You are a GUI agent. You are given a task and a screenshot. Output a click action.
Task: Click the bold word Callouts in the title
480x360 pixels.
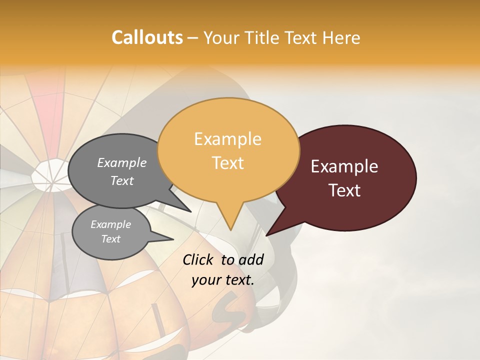click(147, 37)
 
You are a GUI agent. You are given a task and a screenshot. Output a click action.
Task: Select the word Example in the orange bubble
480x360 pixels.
click(227, 139)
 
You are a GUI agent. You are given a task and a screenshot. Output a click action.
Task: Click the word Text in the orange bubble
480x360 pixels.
click(227, 163)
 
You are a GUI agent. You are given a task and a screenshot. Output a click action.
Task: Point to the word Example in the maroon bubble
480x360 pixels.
click(344, 166)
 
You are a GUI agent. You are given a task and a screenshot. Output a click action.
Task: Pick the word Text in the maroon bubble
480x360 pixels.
click(344, 190)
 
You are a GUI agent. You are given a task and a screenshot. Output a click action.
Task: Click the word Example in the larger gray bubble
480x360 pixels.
click(122, 162)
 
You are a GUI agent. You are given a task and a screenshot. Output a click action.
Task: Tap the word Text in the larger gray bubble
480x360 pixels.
click(122, 180)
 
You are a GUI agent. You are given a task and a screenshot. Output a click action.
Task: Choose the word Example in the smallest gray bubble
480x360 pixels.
click(110, 224)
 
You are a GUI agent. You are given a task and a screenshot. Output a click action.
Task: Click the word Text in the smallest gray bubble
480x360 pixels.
click(110, 239)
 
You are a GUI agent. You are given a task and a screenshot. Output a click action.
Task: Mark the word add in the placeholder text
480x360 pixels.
click(251, 259)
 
